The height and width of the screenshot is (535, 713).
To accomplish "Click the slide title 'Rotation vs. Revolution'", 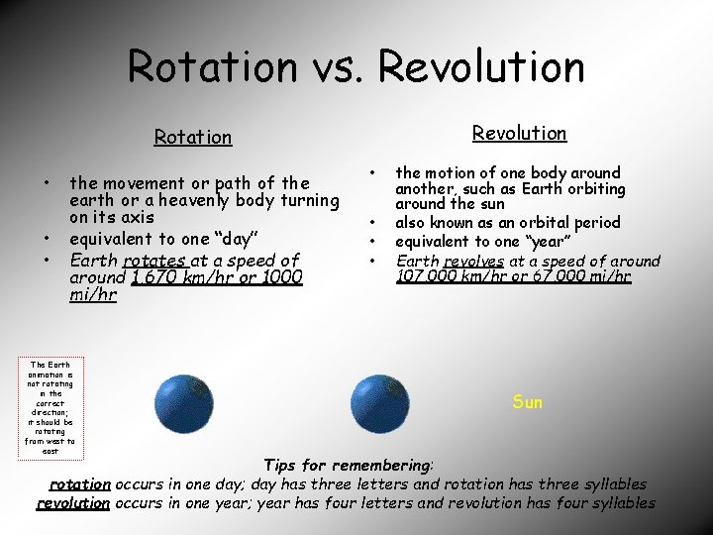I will pyautogui.click(x=356, y=67).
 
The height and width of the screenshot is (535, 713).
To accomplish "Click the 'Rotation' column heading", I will pyautogui.click(x=193, y=138).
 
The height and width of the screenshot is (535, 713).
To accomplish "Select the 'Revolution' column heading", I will pyautogui.click(x=519, y=133).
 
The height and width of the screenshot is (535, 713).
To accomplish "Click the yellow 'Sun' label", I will pyautogui.click(x=528, y=402).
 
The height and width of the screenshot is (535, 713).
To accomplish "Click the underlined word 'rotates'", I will pyautogui.click(x=154, y=261).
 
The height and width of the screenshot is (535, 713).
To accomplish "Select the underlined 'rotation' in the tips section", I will pyautogui.click(x=80, y=484).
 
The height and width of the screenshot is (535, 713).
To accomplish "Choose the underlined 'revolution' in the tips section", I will pyautogui.click(x=72, y=503).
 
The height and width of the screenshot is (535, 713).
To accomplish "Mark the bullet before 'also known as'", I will pyautogui.click(x=373, y=223).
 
